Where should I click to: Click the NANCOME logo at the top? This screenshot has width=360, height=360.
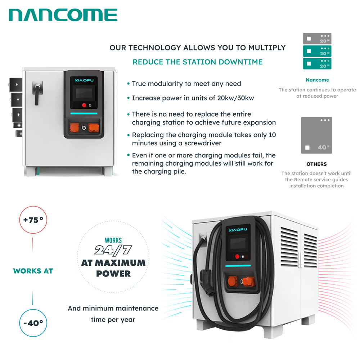pyautogui.click(x=63, y=15)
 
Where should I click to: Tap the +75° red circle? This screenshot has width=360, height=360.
pyautogui.click(x=33, y=206)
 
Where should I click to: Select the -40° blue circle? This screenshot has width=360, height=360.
pyautogui.click(x=33, y=310)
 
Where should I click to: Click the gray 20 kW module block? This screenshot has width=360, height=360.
pyautogui.click(x=317, y=39)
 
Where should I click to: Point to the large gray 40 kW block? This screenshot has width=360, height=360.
pyautogui.click(x=316, y=135)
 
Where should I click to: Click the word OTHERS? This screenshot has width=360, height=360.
pyautogui.click(x=316, y=164)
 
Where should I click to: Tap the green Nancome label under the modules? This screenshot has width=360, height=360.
pyautogui.click(x=317, y=80)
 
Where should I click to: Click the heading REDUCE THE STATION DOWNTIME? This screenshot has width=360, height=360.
pyautogui.click(x=197, y=62)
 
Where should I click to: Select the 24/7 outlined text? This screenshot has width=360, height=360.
pyautogui.click(x=113, y=250)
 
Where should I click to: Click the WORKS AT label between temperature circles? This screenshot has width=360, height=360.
pyautogui.click(x=33, y=271)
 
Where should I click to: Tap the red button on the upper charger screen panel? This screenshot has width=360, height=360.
pyautogui.click(x=84, y=105)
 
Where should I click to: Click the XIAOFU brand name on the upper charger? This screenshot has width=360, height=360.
pyautogui.click(x=84, y=80)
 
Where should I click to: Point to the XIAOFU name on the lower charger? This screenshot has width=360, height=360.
pyautogui.click(x=238, y=230)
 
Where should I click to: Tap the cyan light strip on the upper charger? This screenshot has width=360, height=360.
pyautogui.click(x=84, y=113)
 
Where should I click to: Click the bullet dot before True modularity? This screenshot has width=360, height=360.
pyautogui.click(x=129, y=84)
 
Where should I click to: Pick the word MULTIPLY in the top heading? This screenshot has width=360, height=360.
pyautogui.click(x=267, y=48)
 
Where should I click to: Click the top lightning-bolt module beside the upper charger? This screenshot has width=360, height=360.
pyautogui.click(x=16, y=85)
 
